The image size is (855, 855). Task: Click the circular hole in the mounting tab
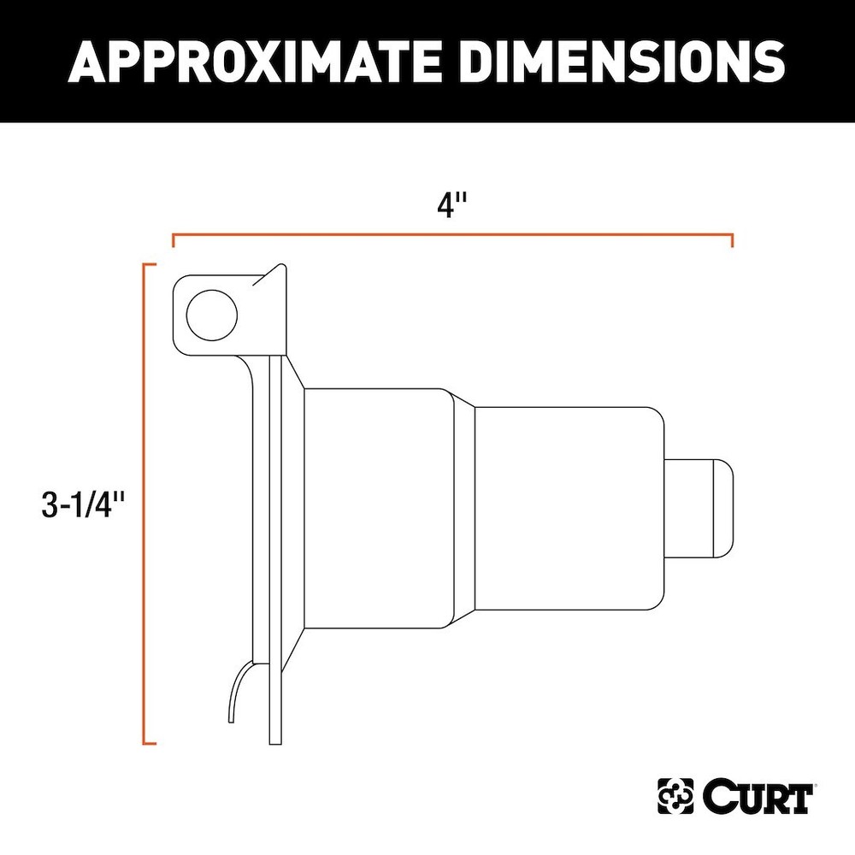click(x=210, y=314)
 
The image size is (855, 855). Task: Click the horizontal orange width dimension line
click(x=453, y=233)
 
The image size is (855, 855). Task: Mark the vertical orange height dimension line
click(x=144, y=504)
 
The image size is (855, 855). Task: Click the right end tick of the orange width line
click(x=733, y=240)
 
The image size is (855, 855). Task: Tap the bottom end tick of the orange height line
click(x=149, y=743)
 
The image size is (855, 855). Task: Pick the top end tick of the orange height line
click(x=149, y=267)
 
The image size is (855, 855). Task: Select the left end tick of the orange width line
click(x=174, y=240)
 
